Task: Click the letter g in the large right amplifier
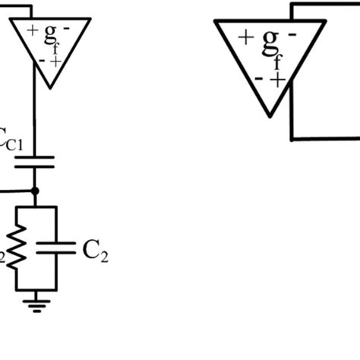(x=270, y=45)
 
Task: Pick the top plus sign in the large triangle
(x=245, y=37)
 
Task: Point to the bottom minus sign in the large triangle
(x=260, y=77)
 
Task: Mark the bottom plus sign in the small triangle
(x=56, y=61)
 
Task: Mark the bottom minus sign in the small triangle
(x=45, y=59)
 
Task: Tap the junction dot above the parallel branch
(x=34, y=191)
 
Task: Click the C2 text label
(x=95, y=250)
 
